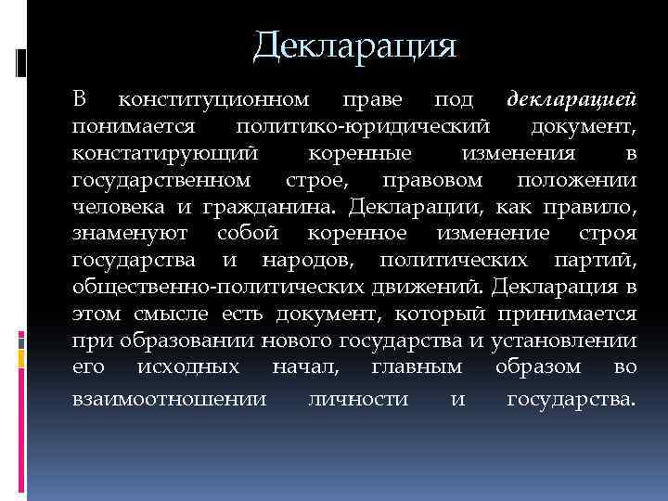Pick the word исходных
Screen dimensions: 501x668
[191, 367]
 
